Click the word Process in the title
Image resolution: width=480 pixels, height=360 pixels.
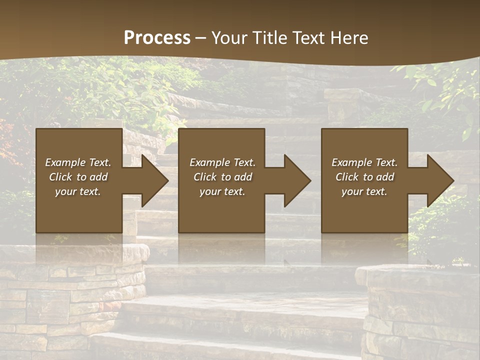click(x=157, y=38)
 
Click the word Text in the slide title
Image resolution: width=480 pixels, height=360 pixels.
click(x=309, y=38)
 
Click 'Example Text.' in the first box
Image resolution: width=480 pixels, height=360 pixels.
click(x=78, y=162)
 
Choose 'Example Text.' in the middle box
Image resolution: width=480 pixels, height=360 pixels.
click(x=222, y=162)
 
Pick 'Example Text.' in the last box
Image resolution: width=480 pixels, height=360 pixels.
click(x=364, y=162)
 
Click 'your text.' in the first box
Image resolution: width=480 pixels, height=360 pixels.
click(x=78, y=191)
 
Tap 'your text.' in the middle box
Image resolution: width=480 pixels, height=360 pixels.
click(x=222, y=191)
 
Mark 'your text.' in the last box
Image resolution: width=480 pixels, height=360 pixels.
click(x=364, y=191)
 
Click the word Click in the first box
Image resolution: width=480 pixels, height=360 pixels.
click(x=60, y=177)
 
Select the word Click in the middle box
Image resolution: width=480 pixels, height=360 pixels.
click(x=205, y=177)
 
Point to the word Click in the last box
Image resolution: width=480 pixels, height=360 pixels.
click(x=347, y=177)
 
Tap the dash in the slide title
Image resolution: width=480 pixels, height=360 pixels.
click(x=200, y=38)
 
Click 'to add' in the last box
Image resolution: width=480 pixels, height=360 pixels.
click(x=379, y=177)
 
